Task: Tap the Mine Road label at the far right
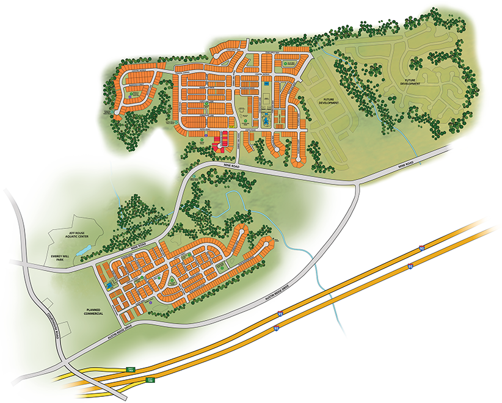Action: pyautogui.click(x=406, y=164)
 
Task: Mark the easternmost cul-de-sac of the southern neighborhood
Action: pyautogui.click(x=267, y=242)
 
